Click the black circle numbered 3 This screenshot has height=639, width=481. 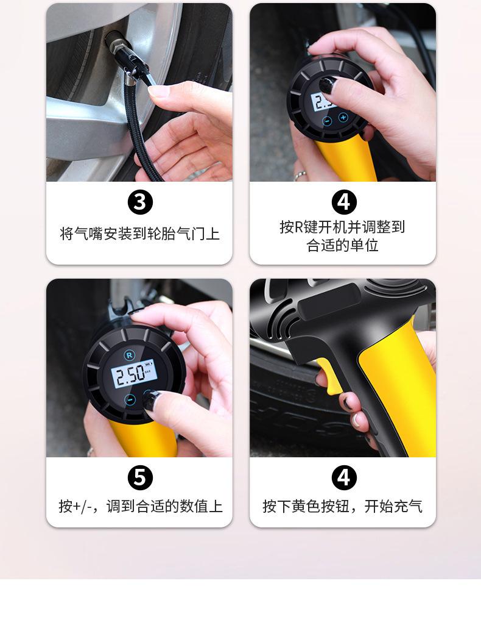(140, 202)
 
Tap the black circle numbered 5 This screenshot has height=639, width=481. (140, 477)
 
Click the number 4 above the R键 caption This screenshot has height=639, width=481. (344, 202)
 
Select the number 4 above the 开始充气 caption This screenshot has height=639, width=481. (344, 477)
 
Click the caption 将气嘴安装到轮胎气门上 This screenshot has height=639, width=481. (139, 234)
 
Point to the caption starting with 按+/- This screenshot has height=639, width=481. (141, 506)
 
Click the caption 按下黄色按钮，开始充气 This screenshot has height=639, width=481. (343, 506)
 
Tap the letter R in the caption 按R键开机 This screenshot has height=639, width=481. (299, 227)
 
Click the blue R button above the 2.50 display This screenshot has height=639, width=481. (129, 355)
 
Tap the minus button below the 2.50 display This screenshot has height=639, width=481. (130, 399)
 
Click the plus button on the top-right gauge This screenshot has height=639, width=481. (343, 118)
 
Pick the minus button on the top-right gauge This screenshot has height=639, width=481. (327, 121)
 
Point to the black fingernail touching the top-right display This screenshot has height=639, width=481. (328, 85)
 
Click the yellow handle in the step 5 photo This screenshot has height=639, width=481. (143, 438)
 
